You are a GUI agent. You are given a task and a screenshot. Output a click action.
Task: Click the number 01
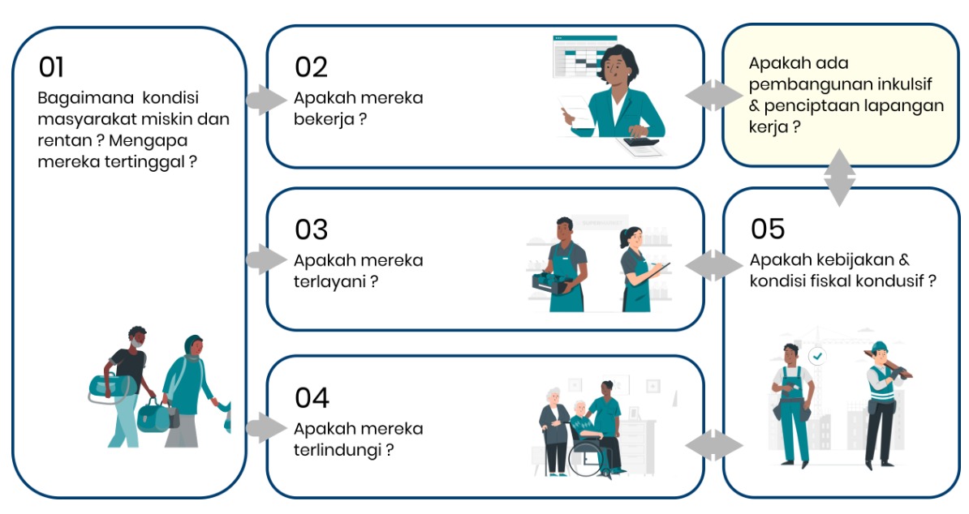click(51, 67)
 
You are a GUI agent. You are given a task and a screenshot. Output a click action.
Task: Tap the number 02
click(311, 67)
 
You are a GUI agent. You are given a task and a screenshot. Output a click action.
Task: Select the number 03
click(311, 229)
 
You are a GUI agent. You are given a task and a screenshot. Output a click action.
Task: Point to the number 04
click(312, 398)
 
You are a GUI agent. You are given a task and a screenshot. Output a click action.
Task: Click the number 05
click(768, 229)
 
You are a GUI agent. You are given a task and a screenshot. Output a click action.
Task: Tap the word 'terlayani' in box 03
click(329, 282)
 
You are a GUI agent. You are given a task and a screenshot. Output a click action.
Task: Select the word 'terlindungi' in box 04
click(338, 450)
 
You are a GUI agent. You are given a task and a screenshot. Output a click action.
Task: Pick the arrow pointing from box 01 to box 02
click(265, 100)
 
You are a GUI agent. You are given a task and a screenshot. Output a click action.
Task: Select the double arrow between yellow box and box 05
click(839, 178)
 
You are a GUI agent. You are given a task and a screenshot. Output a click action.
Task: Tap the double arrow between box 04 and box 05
click(714, 445)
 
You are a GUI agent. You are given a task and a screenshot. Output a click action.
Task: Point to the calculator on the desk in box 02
click(640, 141)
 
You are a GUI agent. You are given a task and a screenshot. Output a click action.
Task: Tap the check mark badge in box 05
click(817, 356)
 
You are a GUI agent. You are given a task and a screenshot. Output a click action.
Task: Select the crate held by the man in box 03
click(551, 283)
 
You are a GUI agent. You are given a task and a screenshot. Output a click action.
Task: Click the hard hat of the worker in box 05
click(879, 346)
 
